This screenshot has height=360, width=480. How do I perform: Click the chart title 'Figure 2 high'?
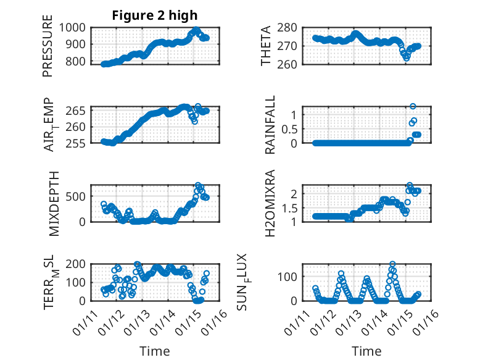[x=155, y=15]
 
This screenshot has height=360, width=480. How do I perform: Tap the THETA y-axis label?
[x=266, y=46]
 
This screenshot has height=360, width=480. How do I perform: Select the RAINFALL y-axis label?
[x=270, y=125]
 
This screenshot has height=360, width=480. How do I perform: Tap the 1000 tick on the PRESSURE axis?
[x=77, y=27]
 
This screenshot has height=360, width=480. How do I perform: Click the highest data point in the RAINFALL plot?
[x=413, y=106]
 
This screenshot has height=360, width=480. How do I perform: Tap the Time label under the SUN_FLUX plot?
[x=366, y=351]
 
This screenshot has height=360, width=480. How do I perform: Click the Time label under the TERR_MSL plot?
[x=155, y=351]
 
